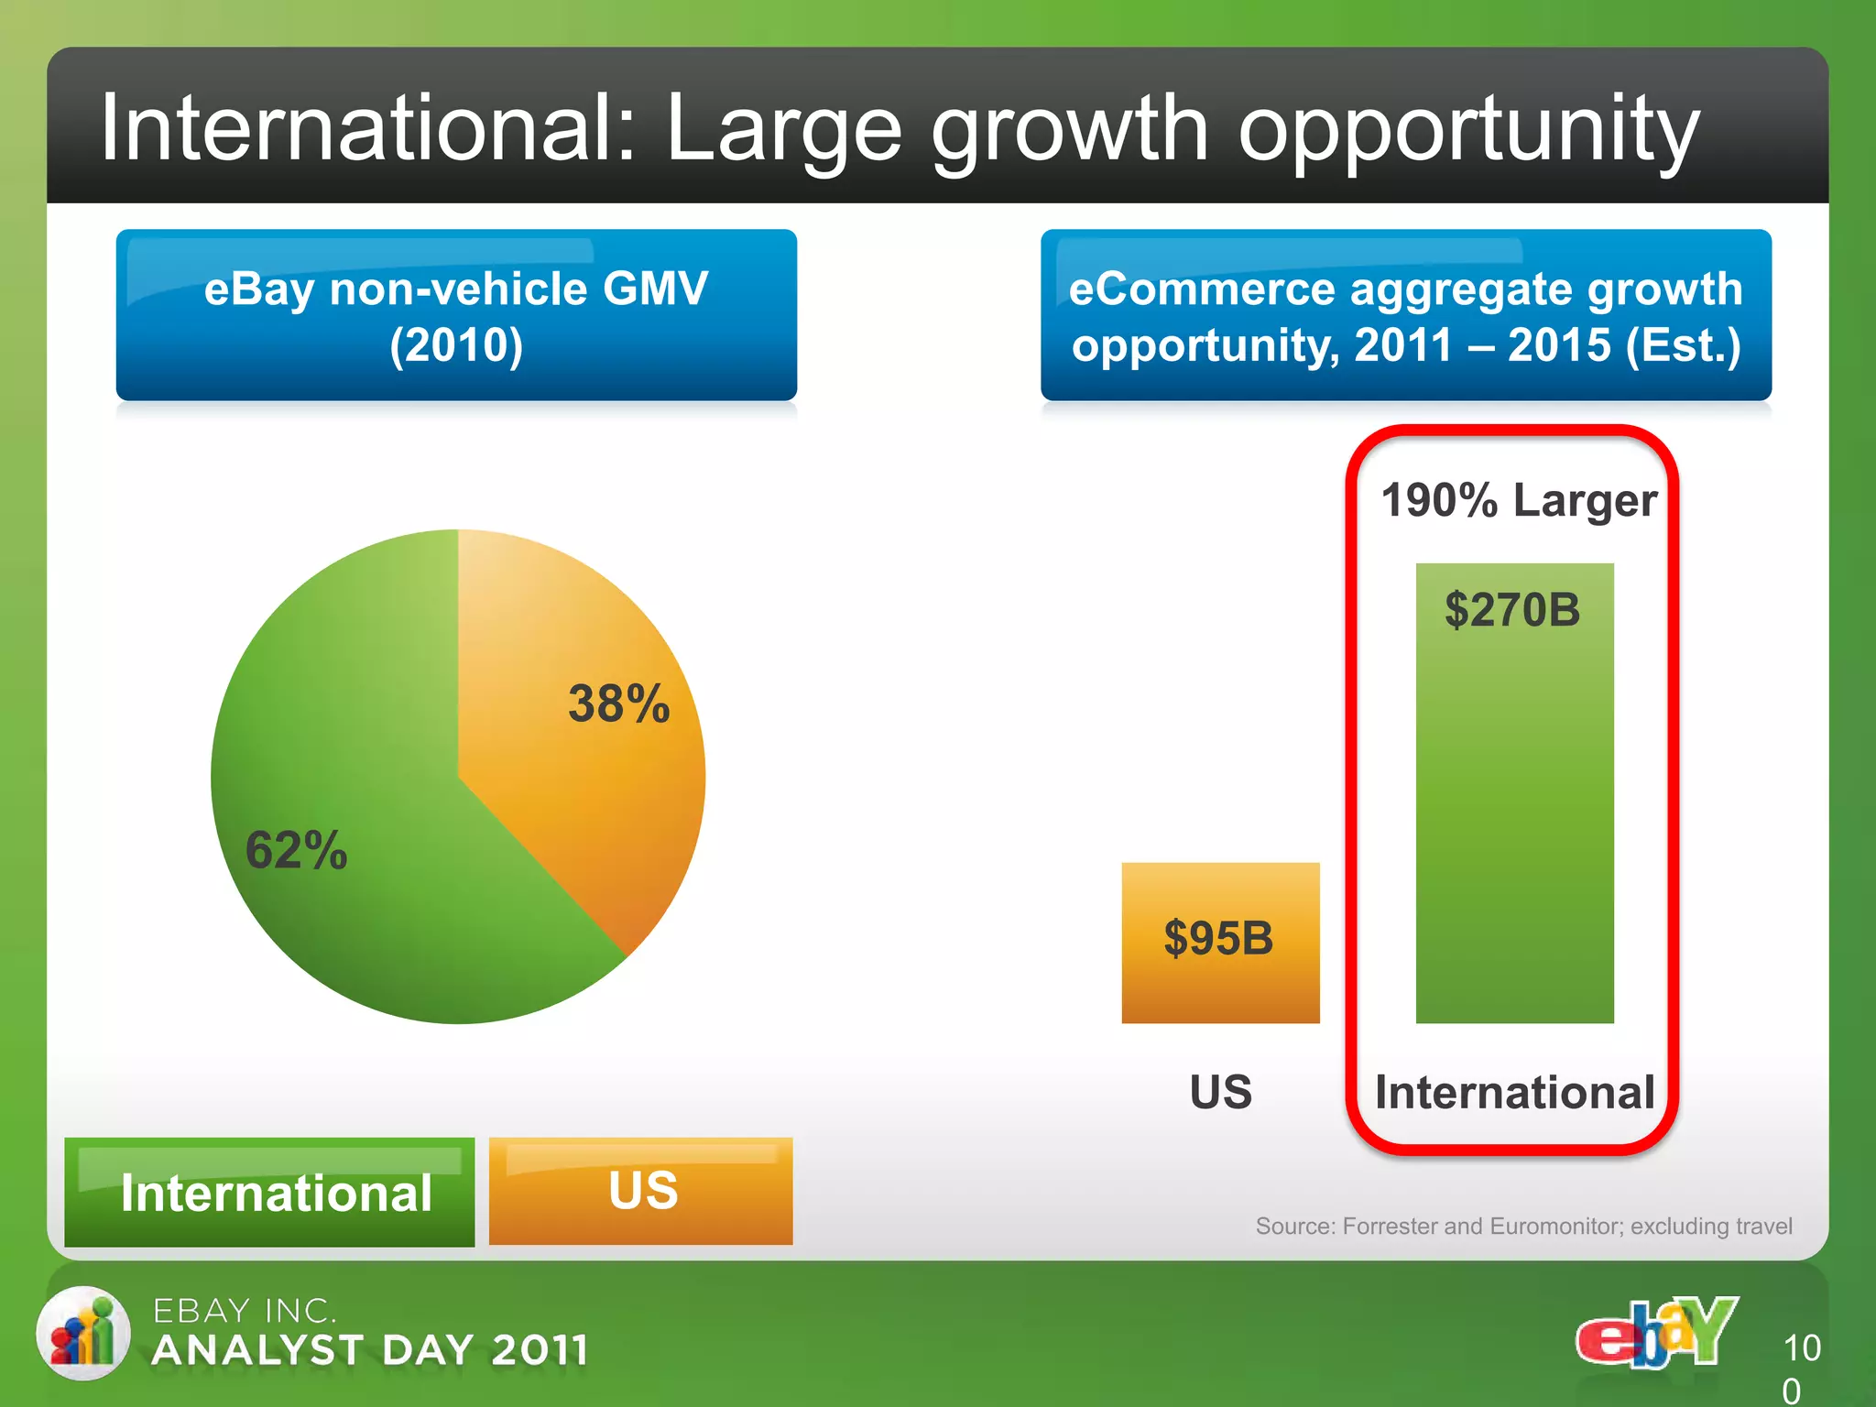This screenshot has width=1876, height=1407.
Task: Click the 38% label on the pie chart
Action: tap(619, 703)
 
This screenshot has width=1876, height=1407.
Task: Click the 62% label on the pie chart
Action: tap(296, 850)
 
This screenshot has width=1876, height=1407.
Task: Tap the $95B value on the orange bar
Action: tap(1218, 938)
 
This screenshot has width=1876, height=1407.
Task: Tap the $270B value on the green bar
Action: tap(1512, 610)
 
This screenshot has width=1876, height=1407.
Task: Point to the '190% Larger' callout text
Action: tap(1519, 500)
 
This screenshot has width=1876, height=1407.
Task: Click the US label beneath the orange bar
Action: tap(1220, 1092)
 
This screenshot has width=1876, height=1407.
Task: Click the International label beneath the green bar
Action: tap(1514, 1093)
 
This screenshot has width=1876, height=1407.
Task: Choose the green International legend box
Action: tap(269, 1193)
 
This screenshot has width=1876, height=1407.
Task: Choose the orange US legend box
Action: tap(641, 1191)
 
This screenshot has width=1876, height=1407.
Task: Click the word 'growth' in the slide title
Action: tap(1070, 130)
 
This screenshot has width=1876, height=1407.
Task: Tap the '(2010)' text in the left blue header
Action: tap(456, 345)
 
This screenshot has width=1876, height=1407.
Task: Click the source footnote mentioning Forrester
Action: tap(1523, 1226)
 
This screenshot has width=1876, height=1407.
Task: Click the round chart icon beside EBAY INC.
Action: tap(83, 1333)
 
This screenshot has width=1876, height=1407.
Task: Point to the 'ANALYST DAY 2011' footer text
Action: tap(370, 1350)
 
